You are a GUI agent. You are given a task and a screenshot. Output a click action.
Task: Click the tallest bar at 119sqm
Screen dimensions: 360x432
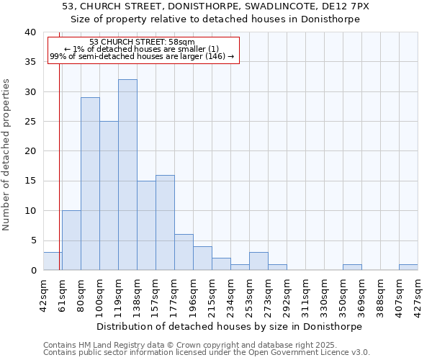click(127, 175)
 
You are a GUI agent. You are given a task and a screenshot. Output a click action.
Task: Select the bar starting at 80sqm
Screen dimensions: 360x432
click(90, 184)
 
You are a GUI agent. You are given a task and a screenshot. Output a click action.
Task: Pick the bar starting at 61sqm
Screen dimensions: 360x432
click(71, 240)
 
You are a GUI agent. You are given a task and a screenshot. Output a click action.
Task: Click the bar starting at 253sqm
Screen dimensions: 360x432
click(258, 261)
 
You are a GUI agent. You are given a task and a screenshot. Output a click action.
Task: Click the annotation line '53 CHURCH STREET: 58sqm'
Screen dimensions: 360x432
click(142, 42)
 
